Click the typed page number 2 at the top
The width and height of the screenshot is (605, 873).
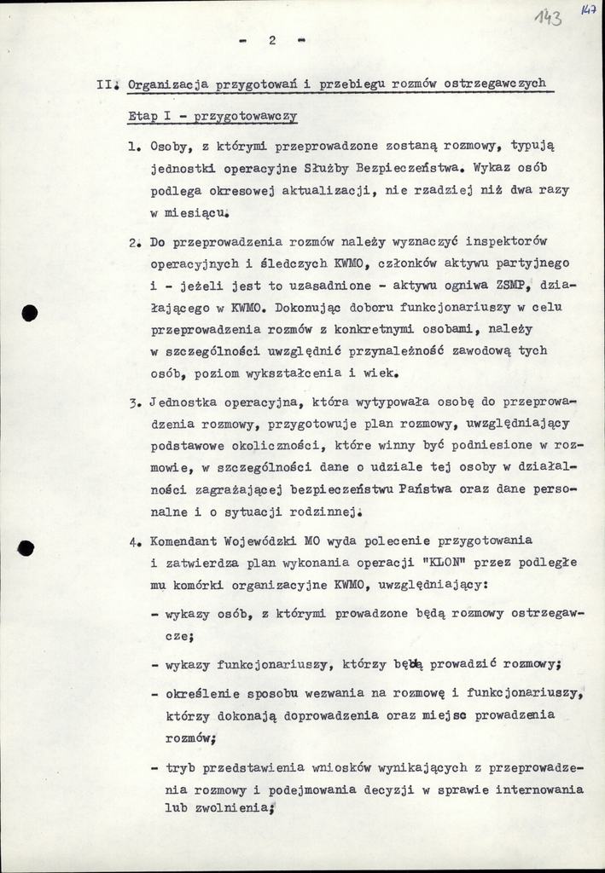pyautogui.click(x=271, y=39)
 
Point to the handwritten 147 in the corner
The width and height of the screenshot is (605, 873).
pyautogui.click(x=588, y=9)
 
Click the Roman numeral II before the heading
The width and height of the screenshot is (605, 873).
pyautogui.click(x=106, y=84)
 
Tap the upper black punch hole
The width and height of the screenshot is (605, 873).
pyautogui.click(x=30, y=313)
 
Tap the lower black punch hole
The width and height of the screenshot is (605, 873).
pyautogui.click(x=26, y=548)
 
